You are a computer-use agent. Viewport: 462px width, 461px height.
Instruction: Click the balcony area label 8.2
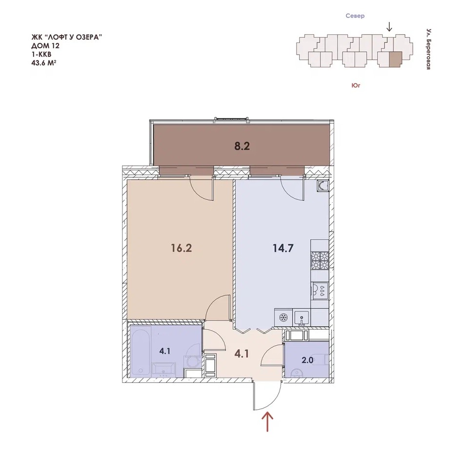(x=242, y=146)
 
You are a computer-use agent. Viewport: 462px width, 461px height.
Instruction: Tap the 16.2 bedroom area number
(x=181, y=248)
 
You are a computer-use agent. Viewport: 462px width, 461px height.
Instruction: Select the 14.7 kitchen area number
(x=283, y=248)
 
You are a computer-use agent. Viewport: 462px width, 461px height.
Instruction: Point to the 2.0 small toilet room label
(x=307, y=360)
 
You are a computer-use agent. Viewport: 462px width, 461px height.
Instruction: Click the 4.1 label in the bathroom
(x=165, y=351)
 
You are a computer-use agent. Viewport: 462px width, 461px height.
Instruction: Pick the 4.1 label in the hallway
(x=242, y=354)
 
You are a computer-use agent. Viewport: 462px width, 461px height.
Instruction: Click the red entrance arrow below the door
(x=267, y=421)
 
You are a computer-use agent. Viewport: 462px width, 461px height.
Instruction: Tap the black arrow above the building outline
(x=389, y=27)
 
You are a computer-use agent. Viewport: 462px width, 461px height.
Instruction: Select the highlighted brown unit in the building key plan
(x=396, y=60)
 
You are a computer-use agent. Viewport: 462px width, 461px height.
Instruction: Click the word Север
(x=355, y=16)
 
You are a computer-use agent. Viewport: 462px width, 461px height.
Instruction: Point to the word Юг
(x=356, y=85)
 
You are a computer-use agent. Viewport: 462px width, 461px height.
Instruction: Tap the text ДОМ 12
(x=45, y=46)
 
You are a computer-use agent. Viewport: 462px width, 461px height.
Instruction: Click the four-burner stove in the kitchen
(x=320, y=261)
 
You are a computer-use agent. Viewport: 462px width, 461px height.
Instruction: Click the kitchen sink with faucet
(x=301, y=319)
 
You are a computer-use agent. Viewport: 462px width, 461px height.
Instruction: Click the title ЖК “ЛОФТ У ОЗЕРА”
(x=67, y=38)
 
